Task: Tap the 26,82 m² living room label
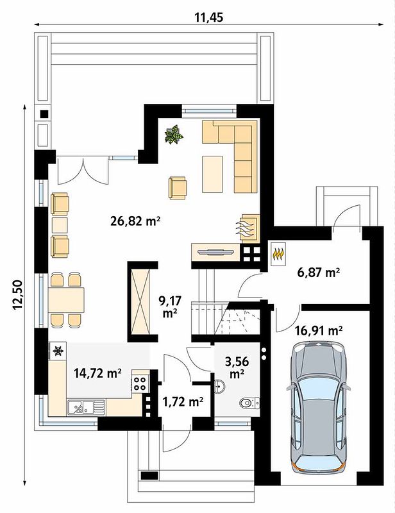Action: tap(135, 221)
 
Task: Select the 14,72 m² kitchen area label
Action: tap(98, 373)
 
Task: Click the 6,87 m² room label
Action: tap(318, 272)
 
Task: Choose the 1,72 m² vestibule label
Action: tap(183, 401)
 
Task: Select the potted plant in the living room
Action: tap(174, 134)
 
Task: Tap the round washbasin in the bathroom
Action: tap(220, 386)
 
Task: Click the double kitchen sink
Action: tap(86, 408)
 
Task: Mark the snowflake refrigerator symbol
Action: tap(58, 351)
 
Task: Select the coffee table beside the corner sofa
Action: tap(213, 174)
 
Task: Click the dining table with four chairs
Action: tap(66, 300)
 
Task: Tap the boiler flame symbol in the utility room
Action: tap(278, 253)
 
